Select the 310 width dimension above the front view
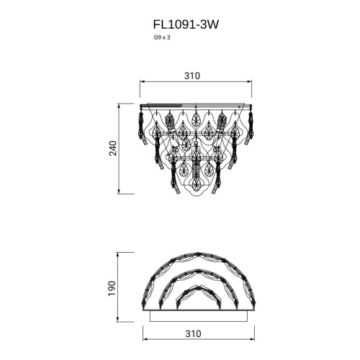tap(192, 76)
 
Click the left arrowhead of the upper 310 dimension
tap(141, 84)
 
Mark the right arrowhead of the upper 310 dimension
tap(254, 84)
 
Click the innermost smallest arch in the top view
tap(198, 297)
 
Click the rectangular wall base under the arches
tap(198, 316)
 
